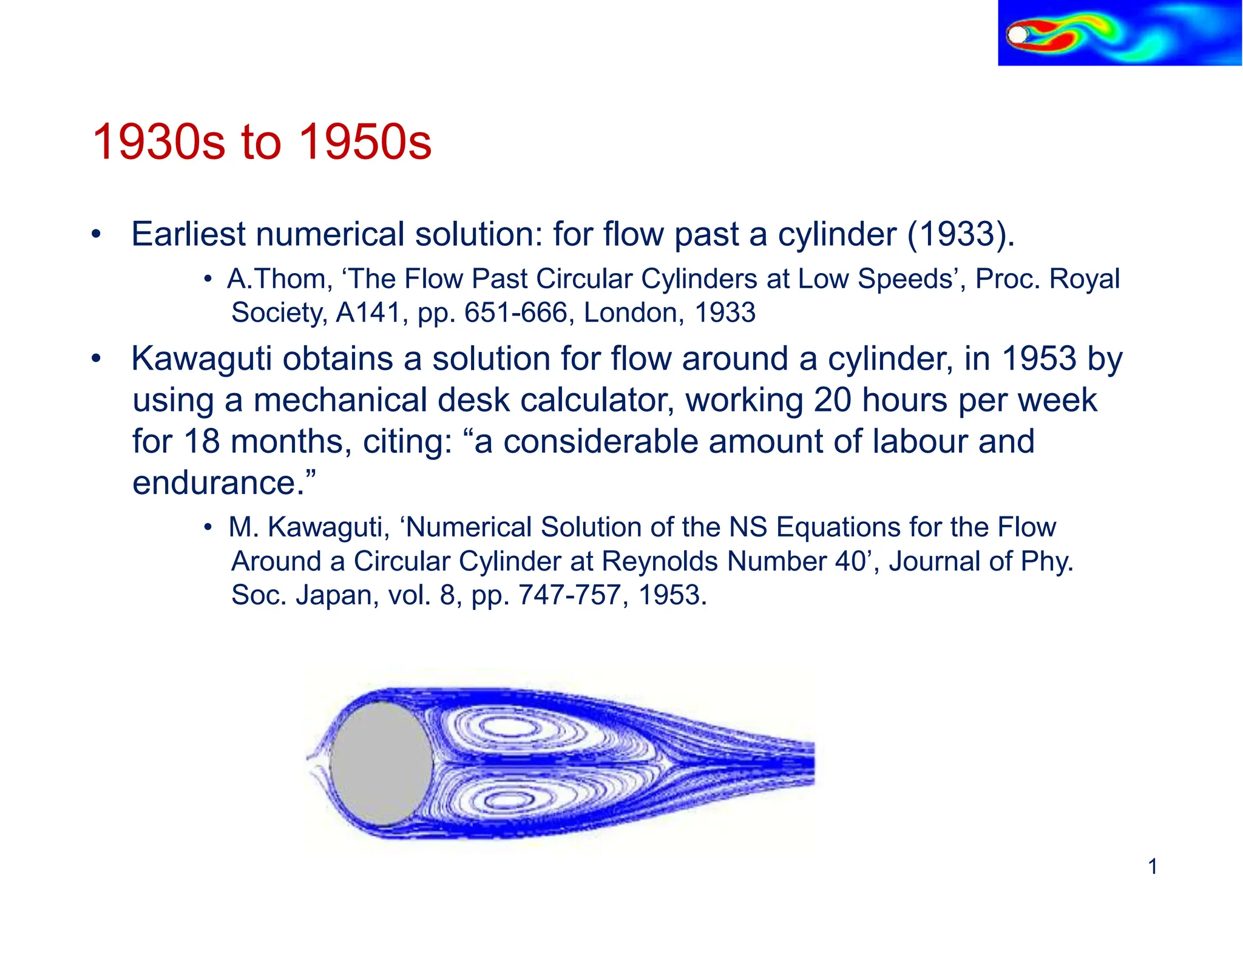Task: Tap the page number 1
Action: [x=1153, y=866]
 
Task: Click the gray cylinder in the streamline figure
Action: [x=381, y=763]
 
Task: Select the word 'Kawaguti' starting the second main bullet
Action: [x=202, y=359]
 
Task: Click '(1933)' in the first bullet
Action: [x=960, y=234]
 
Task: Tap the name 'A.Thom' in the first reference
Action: [x=279, y=279]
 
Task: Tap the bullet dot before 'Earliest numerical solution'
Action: [x=95, y=235]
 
